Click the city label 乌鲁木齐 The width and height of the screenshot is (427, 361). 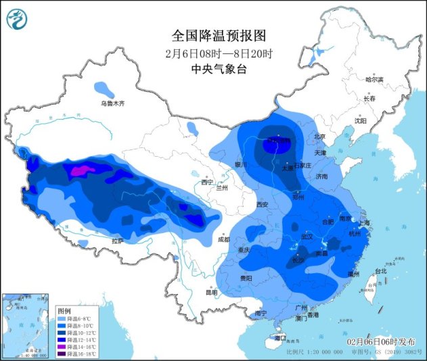pos(113,103)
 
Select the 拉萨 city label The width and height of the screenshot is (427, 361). pos(118,241)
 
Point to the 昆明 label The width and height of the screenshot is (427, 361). pos(212,292)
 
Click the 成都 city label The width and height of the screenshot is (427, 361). pos(224,239)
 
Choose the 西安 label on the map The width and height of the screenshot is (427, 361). pos(263,204)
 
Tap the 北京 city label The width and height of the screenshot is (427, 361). pos(320,137)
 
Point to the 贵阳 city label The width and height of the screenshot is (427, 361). pos(244,278)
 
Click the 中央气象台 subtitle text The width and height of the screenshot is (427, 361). pos(213,68)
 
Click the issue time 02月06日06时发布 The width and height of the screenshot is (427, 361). pos(382,342)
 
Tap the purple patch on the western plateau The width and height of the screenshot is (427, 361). pos(78,171)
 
